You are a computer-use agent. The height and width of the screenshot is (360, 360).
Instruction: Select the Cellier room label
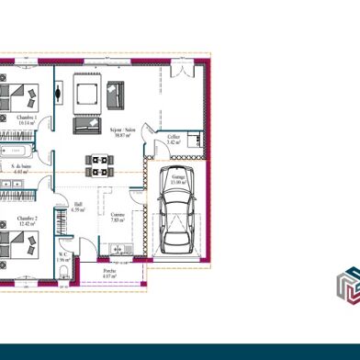(x=174, y=140)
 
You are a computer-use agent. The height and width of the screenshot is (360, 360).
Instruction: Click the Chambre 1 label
(x=27, y=119)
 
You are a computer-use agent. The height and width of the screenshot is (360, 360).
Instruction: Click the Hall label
(x=78, y=206)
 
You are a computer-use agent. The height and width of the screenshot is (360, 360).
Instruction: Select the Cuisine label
(x=118, y=217)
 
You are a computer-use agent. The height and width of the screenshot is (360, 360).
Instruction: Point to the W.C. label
(x=63, y=257)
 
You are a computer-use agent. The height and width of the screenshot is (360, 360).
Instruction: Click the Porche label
(x=109, y=274)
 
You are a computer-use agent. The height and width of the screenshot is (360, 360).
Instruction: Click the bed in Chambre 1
(x=20, y=95)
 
